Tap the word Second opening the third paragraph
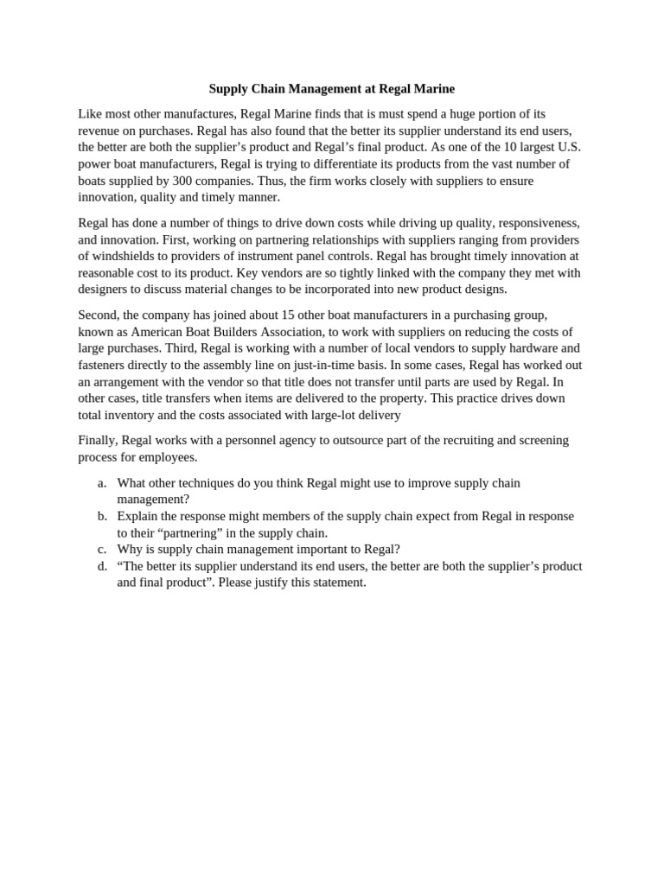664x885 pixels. [x=99, y=315]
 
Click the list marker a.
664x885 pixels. [x=102, y=482]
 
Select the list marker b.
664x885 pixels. [x=102, y=516]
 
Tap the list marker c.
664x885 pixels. [x=102, y=549]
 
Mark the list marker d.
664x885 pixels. [x=102, y=566]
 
